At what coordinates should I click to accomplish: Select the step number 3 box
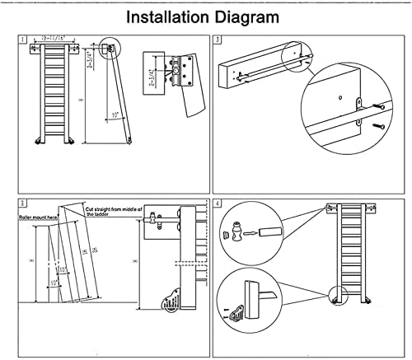coord(217,39)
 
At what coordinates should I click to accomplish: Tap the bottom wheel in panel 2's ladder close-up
coord(169,305)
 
